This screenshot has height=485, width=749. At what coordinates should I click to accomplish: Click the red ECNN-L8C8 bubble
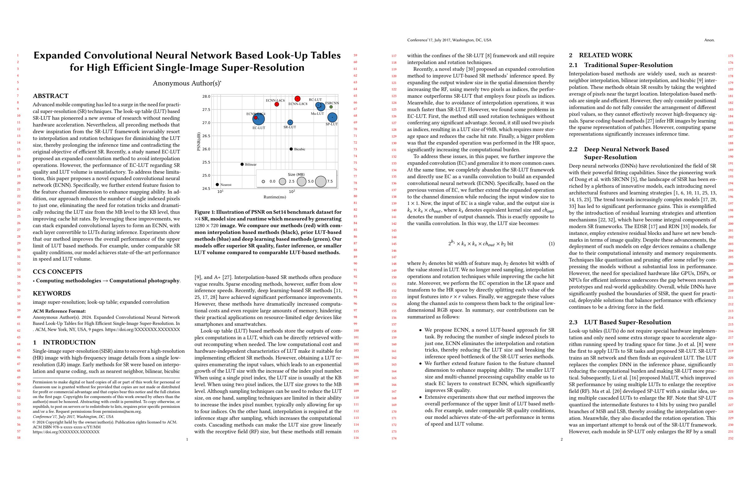click(x=297, y=99)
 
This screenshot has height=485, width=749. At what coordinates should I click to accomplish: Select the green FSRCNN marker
click(x=331, y=107)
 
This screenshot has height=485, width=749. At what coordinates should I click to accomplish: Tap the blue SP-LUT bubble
click(x=332, y=118)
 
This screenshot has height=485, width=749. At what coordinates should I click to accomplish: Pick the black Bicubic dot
click(x=291, y=149)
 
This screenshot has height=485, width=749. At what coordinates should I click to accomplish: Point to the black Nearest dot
click(x=217, y=185)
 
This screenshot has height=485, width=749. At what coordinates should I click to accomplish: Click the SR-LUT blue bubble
click(x=290, y=122)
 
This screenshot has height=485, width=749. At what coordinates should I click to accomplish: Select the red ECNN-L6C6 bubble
click(x=277, y=104)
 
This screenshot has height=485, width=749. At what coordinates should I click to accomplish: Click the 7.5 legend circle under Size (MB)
click(x=320, y=181)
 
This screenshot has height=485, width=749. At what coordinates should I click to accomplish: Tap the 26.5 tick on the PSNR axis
click(x=206, y=136)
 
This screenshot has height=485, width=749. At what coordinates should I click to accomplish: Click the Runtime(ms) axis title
click(x=275, y=197)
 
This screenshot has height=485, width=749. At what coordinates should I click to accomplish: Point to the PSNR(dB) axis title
click(x=199, y=141)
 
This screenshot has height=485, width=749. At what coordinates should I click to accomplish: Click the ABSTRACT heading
click(x=50, y=96)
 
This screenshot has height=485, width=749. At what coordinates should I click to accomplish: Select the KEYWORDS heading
click(x=52, y=293)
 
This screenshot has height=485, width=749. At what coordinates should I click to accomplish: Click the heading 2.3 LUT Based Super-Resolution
click(x=620, y=322)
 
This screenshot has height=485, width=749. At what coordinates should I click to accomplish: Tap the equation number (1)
click(x=551, y=244)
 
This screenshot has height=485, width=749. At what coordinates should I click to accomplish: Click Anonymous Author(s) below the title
click(x=187, y=83)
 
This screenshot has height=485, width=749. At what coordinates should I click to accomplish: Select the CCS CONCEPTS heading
click(x=57, y=272)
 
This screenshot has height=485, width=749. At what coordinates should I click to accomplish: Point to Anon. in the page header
click(x=709, y=40)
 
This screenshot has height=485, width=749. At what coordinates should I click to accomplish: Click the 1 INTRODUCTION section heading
click(x=64, y=342)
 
